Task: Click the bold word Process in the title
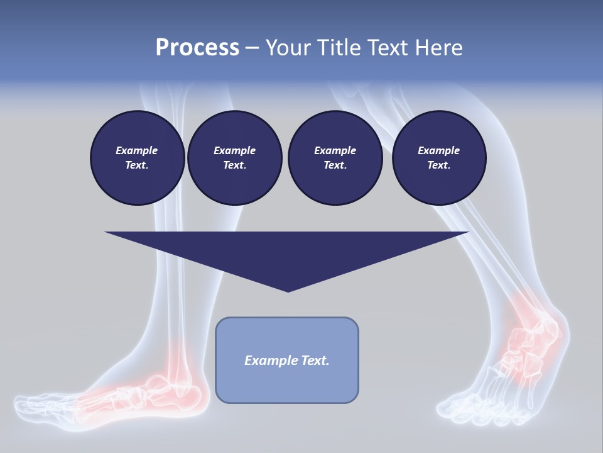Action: tap(197, 47)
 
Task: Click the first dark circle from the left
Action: tap(137, 158)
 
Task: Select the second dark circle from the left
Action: tap(234, 158)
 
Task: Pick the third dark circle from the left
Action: tap(335, 158)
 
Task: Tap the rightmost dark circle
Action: tap(438, 158)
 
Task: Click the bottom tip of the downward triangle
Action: tap(288, 290)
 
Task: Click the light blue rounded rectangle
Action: tap(287, 384)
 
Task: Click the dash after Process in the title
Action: tap(252, 48)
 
